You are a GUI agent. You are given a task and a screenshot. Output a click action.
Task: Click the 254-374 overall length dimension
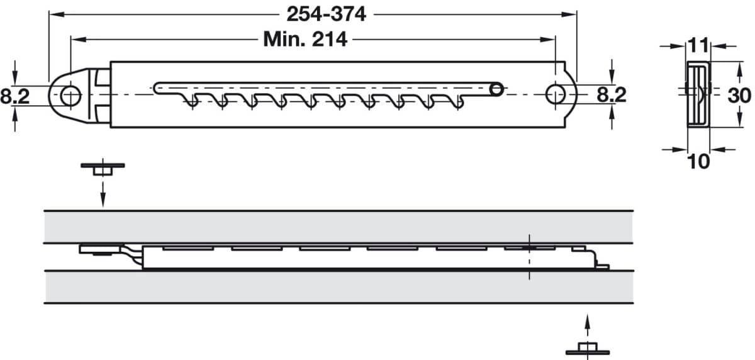327,14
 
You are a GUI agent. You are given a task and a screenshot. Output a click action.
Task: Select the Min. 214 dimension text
305,40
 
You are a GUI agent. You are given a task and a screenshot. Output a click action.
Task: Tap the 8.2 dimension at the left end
15,96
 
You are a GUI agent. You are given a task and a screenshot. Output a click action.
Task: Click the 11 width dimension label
698,45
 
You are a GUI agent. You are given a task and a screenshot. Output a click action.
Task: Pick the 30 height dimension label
739,96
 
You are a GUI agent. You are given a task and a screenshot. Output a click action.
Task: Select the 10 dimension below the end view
698,162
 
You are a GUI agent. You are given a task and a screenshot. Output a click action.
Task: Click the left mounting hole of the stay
70,96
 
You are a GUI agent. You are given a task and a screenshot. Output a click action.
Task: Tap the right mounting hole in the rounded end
556,94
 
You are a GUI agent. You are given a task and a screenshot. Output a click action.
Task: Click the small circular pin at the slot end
496,89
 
